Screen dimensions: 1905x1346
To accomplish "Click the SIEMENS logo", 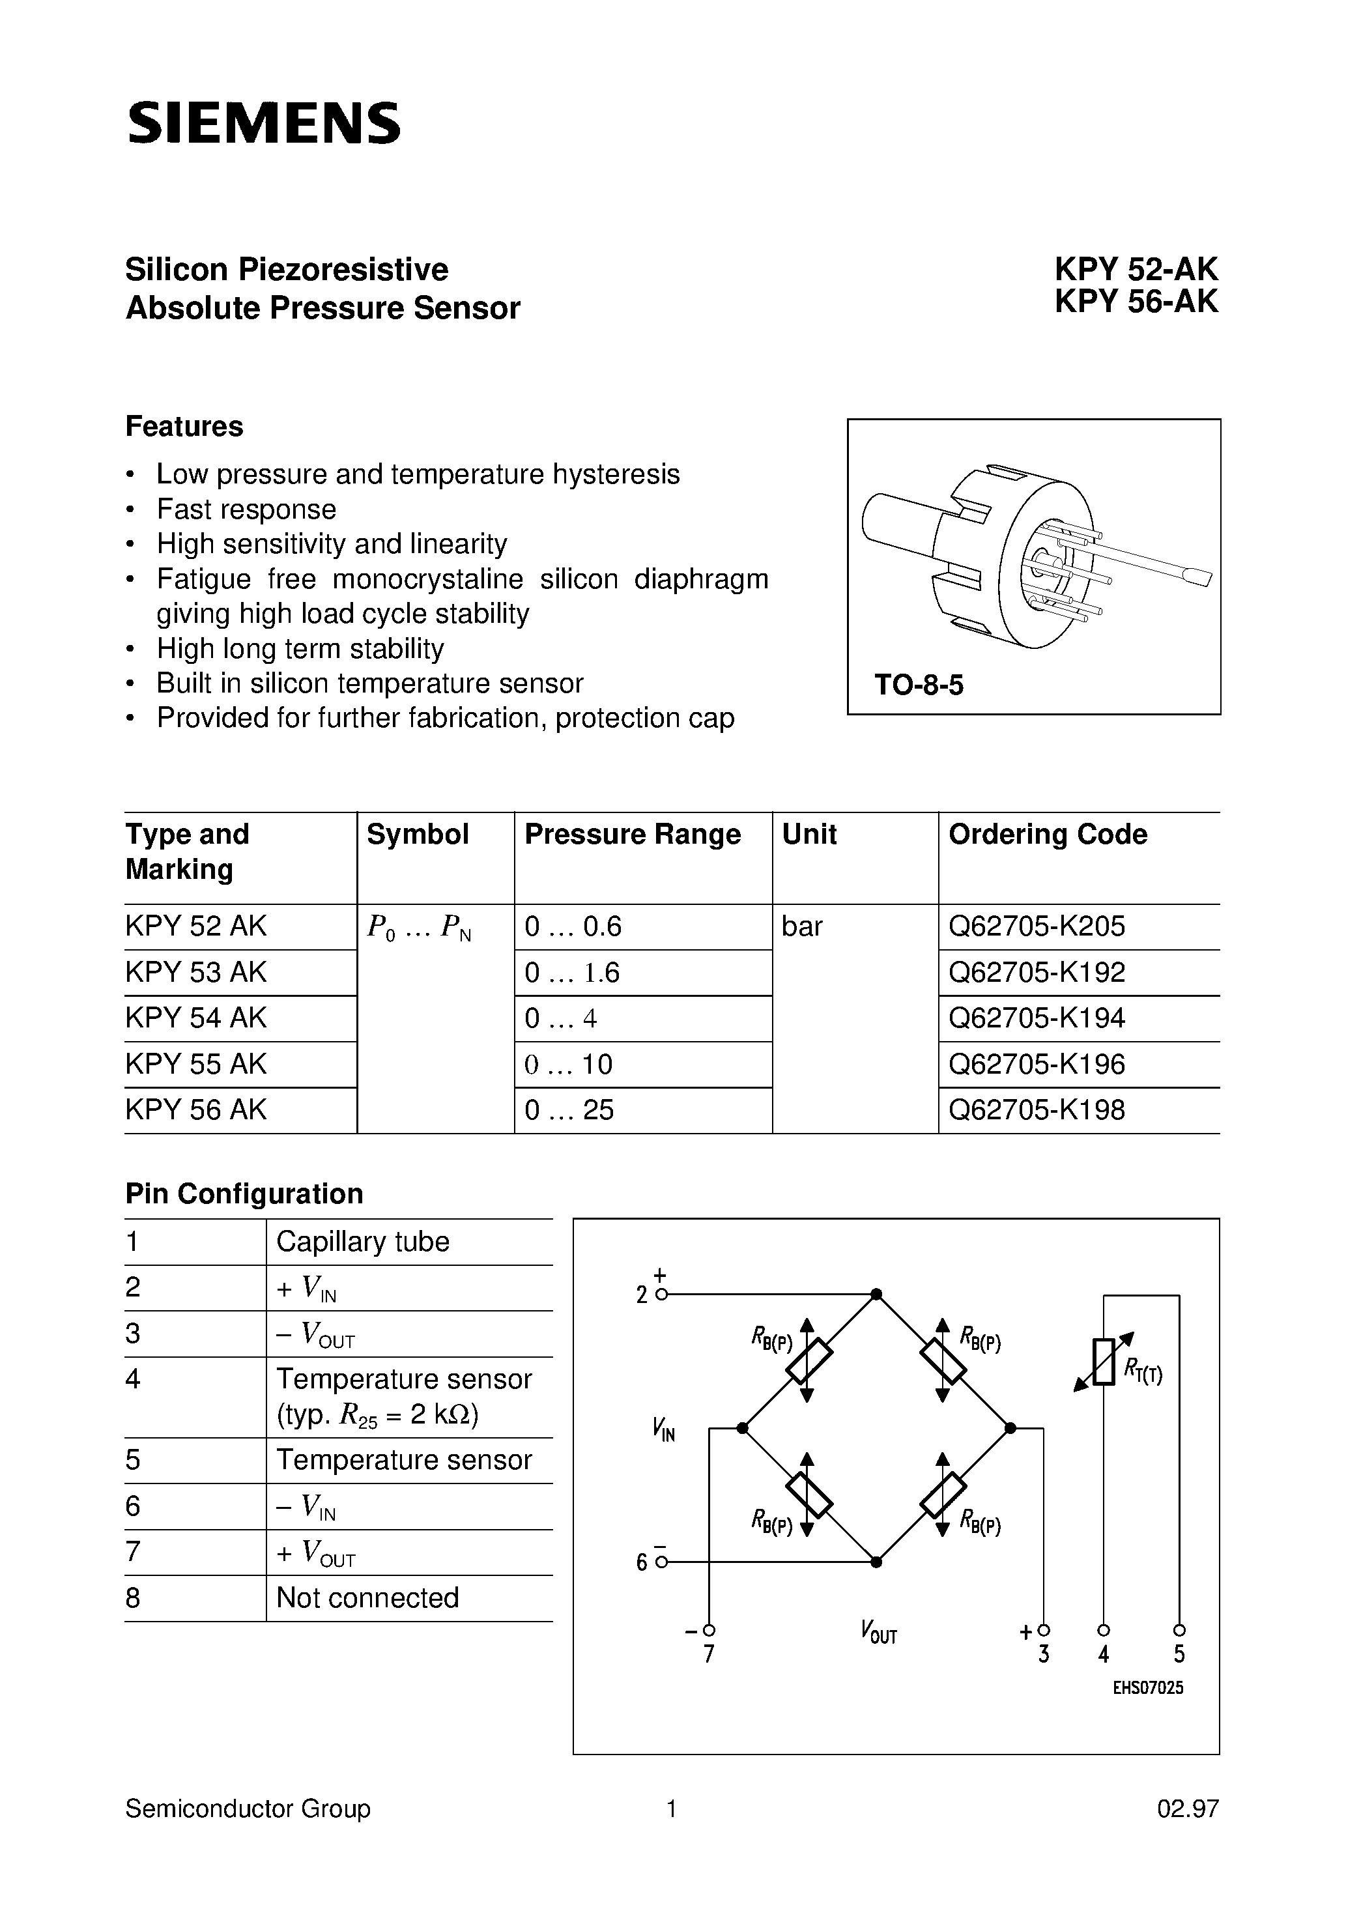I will coord(264,124).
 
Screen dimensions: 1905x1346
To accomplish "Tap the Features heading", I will coord(184,427).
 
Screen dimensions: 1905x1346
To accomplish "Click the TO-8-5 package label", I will coord(919,685).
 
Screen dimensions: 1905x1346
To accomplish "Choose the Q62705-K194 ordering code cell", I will coord(1037,1018).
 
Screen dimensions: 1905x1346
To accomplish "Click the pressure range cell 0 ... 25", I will coord(569,1110).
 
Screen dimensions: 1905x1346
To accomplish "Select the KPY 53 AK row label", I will coord(196,973).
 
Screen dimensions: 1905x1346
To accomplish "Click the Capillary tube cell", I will coord(363,1241).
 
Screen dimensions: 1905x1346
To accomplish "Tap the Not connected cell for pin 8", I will coord(367,1597).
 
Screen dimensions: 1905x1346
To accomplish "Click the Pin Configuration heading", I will coord(244,1193).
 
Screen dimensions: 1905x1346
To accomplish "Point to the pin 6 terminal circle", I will coord(661,1562).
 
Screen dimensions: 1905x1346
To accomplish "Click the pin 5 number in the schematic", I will coord(1179,1654).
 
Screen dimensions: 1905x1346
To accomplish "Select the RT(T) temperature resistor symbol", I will coord(1104,1362).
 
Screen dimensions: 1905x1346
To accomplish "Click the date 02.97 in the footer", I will coord(1188,1809).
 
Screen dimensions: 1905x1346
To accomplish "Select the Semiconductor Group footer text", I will coord(248,1809).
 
